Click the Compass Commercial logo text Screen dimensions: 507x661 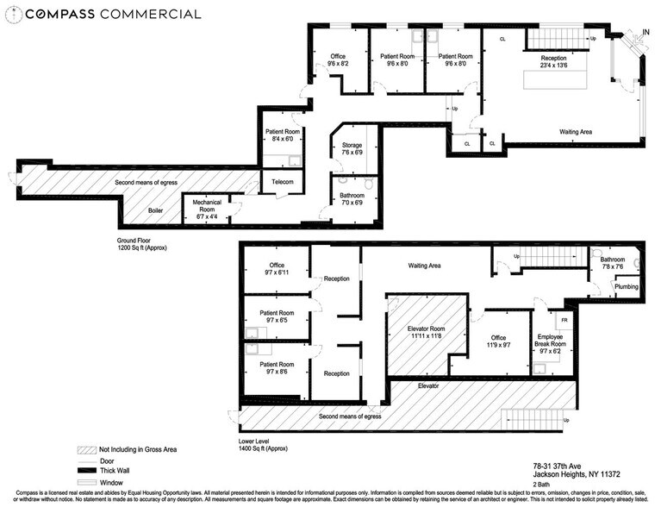click(x=103, y=14)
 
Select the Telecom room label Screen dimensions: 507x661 click(x=283, y=182)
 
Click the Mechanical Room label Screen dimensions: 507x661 click(x=206, y=206)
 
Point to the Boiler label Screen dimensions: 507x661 click(x=155, y=210)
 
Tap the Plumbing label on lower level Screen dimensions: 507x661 click(x=627, y=286)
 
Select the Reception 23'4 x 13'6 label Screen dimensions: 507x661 click(x=554, y=61)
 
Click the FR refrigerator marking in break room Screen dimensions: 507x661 click(x=564, y=319)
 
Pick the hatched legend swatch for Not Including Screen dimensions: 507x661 click(x=86, y=449)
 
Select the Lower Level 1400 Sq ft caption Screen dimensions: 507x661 click(x=264, y=445)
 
